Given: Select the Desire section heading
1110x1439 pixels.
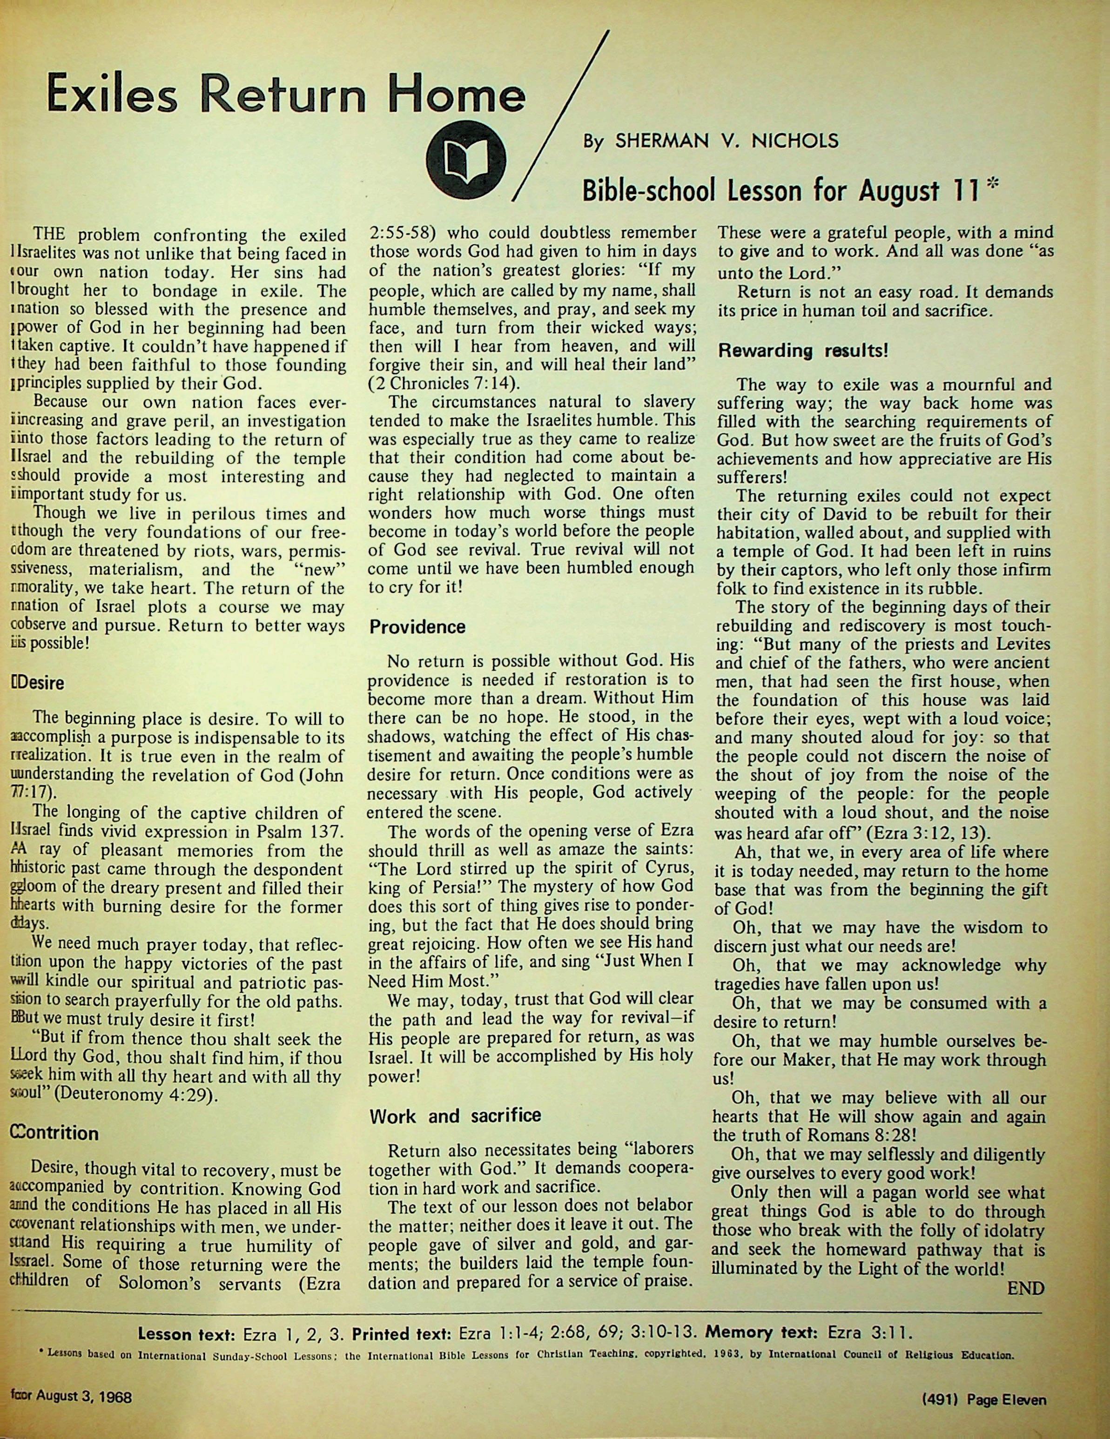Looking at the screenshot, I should tap(39, 683).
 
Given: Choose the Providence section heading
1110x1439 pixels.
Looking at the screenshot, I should tap(417, 626).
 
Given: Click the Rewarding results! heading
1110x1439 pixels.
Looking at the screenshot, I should tap(803, 350).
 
